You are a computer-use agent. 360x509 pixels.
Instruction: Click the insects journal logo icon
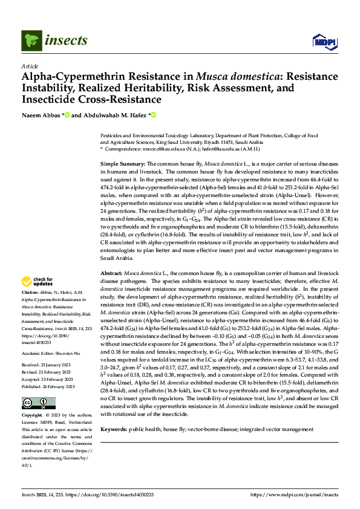[30, 41]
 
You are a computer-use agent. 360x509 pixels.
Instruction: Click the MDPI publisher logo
[324, 41]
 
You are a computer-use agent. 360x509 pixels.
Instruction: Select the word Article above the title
[29, 66]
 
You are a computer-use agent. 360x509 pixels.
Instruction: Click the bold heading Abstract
[113, 274]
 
